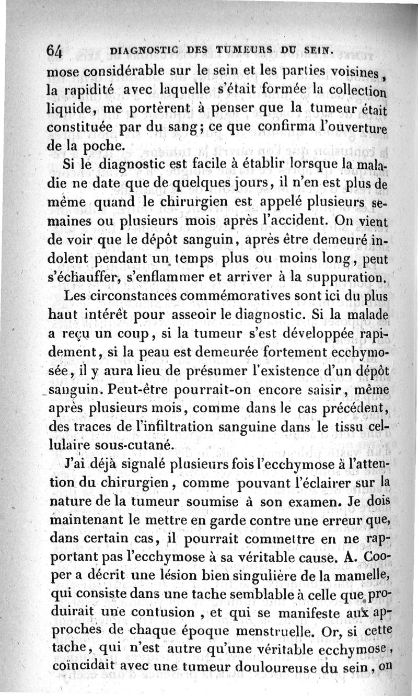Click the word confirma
(285, 126)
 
